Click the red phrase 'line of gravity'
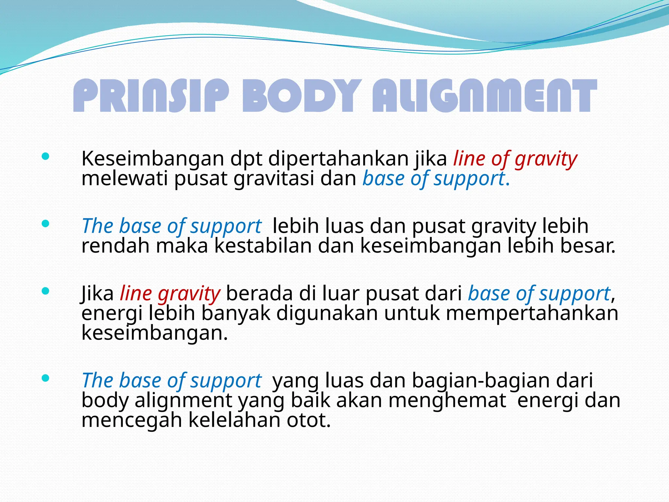point(515,159)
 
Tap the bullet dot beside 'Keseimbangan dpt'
point(45,157)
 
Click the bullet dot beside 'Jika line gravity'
point(45,291)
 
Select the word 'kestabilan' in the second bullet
point(263,246)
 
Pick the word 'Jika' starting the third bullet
point(97,293)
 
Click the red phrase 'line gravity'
point(170,293)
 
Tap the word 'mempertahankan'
point(532,313)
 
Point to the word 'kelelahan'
point(234,420)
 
